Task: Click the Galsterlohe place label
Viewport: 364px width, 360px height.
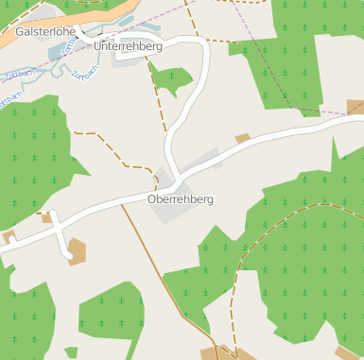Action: click(44, 31)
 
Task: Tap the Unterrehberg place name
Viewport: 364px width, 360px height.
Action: click(129, 46)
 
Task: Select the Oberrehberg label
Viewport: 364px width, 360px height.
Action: click(181, 199)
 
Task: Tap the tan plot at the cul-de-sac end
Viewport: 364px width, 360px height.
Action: click(77, 249)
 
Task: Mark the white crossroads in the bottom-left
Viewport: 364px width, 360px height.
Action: click(52, 231)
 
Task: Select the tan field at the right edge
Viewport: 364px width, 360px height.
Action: click(355, 107)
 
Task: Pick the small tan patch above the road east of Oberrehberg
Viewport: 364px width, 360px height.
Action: click(242, 138)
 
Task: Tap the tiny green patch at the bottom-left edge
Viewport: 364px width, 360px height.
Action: click(71, 352)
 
